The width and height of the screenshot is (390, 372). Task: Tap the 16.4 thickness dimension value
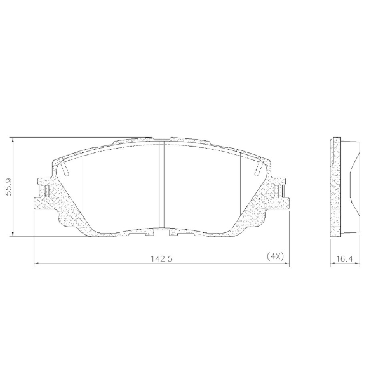(x=343, y=258)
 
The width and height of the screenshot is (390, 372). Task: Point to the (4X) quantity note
(x=274, y=256)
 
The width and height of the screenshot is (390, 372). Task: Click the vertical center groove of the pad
(x=161, y=184)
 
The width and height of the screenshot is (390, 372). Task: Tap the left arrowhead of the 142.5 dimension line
(x=36, y=263)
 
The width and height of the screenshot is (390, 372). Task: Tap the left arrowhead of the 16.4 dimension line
(x=332, y=263)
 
